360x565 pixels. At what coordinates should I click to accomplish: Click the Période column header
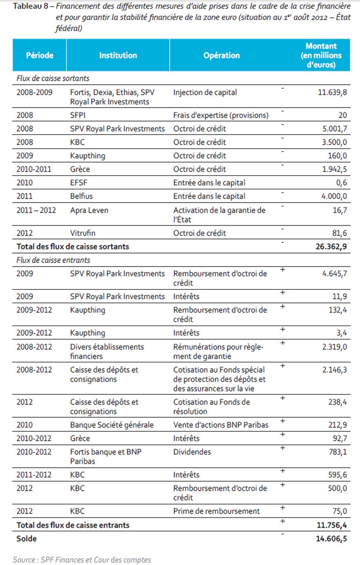tap(40, 55)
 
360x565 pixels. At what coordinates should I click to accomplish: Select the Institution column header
tap(118, 55)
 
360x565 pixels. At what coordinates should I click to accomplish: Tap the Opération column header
tap(221, 55)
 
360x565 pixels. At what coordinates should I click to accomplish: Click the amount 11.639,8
tap(332, 93)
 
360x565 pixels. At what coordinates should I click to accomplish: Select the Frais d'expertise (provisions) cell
tap(221, 115)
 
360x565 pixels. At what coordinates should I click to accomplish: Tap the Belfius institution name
tap(81, 196)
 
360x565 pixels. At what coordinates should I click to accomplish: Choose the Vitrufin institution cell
tap(83, 233)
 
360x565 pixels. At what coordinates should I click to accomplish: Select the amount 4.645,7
tap(334, 274)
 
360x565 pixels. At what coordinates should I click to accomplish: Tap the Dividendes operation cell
tap(192, 452)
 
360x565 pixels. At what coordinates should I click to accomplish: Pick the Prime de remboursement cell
tap(216, 511)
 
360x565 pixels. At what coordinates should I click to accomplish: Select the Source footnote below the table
tap(82, 559)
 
